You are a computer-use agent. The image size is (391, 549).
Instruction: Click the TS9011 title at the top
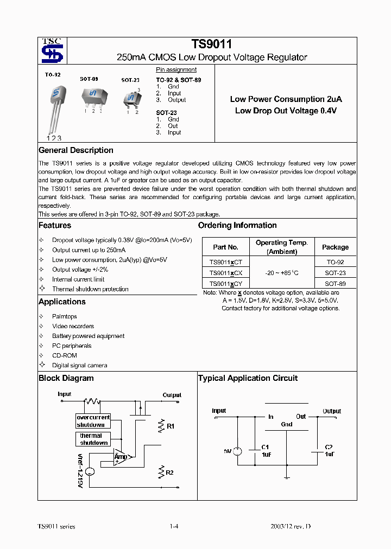[x=212, y=45]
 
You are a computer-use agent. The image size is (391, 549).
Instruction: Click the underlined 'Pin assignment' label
[x=176, y=70]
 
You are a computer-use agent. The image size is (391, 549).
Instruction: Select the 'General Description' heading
[x=76, y=150]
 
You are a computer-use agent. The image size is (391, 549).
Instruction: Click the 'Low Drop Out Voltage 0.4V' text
[x=286, y=111]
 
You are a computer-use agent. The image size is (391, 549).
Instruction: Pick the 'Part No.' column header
[x=225, y=247]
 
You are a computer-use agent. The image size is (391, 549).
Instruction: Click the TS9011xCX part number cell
[x=225, y=273]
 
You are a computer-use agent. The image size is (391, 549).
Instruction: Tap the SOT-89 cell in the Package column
[x=335, y=284]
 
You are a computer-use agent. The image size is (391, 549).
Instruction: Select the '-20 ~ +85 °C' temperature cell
[x=281, y=273]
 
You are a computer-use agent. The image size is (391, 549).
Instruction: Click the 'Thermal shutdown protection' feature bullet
[x=90, y=289]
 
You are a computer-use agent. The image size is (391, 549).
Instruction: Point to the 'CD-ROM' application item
[x=65, y=355]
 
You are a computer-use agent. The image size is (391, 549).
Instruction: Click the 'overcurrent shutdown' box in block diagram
[x=93, y=421]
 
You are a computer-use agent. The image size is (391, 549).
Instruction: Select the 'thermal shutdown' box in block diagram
[x=93, y=439]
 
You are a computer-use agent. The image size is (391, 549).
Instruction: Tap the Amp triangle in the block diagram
[x=121, y=457]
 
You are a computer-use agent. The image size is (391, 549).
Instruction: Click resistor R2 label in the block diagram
[x=169, y=473]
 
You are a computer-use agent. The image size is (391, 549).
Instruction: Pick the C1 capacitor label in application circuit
[x=265, y=447]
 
